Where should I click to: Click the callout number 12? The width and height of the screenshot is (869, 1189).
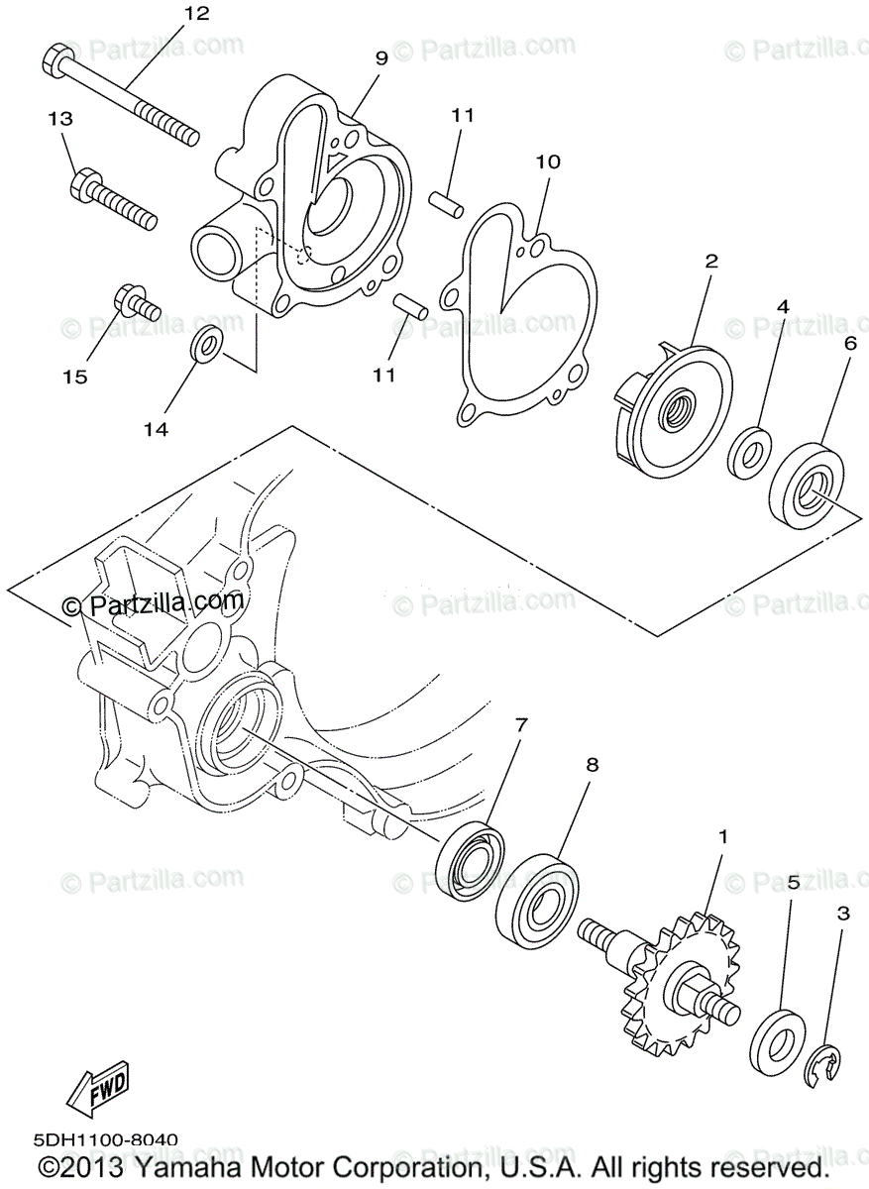pos(196,13)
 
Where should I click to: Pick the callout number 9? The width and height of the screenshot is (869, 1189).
pos(381,57)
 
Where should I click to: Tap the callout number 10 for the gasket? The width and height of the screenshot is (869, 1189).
pos(548,162)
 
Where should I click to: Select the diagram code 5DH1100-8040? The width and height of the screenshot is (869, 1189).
pos(105,1141)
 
